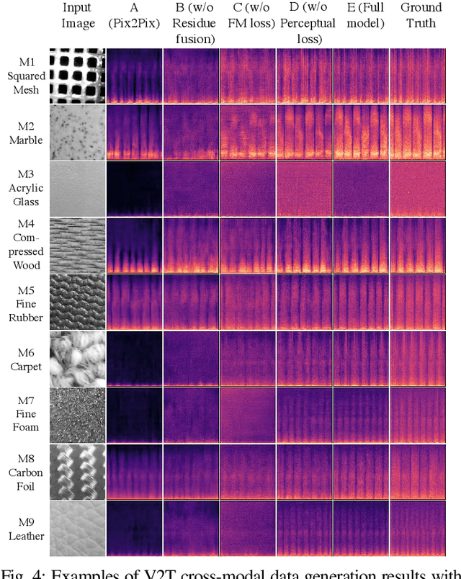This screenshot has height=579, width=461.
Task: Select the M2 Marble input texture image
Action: pyautogui.click(x=78, y=131)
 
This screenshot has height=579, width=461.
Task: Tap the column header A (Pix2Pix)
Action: pyautogui.click(x=134, y=16)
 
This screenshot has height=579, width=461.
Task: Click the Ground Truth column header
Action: pyautogui.click(x=417, y=16)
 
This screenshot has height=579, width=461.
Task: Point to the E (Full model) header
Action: pyautogui.click(x=360, y=16)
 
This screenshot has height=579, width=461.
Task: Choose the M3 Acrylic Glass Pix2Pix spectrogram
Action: pyautogui.click(x=134, y=188)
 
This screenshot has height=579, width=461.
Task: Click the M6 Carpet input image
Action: pyautogui.click(x=78, y=356)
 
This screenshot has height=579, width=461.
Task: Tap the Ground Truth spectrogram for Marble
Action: pyautogui.click(x=417, y=131)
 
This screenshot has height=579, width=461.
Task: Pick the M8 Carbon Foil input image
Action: pyautogui.click(x=78, y=472)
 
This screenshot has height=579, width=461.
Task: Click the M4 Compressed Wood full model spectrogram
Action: pyautogui.click(x=360, y=245)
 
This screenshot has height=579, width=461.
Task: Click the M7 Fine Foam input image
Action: pyautogui.click(x=78, y=414)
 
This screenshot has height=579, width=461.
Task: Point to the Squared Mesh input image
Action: pyautogui.click(x=78, y=75)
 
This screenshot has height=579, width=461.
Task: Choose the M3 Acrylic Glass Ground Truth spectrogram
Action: pyautogui.click(x=417, y=188)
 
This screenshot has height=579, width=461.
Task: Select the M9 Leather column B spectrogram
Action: pyautogui.click(x=191, y=529)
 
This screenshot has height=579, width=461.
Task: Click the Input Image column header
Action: pyautogui.click(x=78, y=16)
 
